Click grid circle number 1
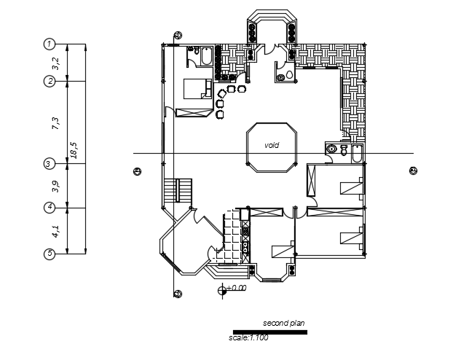(50, 44)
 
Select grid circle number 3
(50, 164)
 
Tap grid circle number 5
(50, 254)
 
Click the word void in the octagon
(272, 145)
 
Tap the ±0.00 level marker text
(236, 289)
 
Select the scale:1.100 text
(249, 337)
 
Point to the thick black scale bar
(269, 332)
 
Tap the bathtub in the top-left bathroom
(205, 56)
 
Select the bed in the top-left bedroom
(194, 88)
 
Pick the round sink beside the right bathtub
(332, 149)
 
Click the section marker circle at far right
(413, 171)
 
